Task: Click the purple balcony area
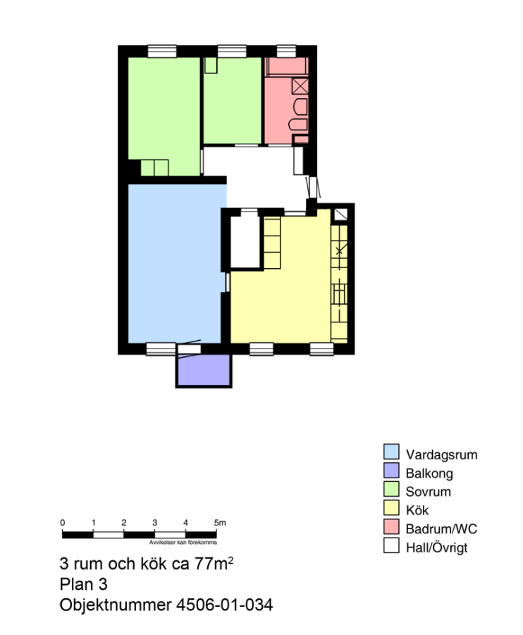pos(204,370)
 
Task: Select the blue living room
pos(175,263)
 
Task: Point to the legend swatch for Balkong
pos(391,470)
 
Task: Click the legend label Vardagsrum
pos(441,454)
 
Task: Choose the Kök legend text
pos(417,510)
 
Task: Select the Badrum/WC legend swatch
pos(391,526)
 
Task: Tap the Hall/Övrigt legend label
pos(436,548)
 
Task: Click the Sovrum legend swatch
pos(391,489)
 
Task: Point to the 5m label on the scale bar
pos(220,522)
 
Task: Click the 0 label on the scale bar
pos(62,522)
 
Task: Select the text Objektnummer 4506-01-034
pos(166,605)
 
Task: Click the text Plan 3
pos(83,584)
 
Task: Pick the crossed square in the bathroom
pos(300,86)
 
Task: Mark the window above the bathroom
pos(286,51)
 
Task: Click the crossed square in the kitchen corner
pos(340,214)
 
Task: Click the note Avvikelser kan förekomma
pos(183,543)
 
